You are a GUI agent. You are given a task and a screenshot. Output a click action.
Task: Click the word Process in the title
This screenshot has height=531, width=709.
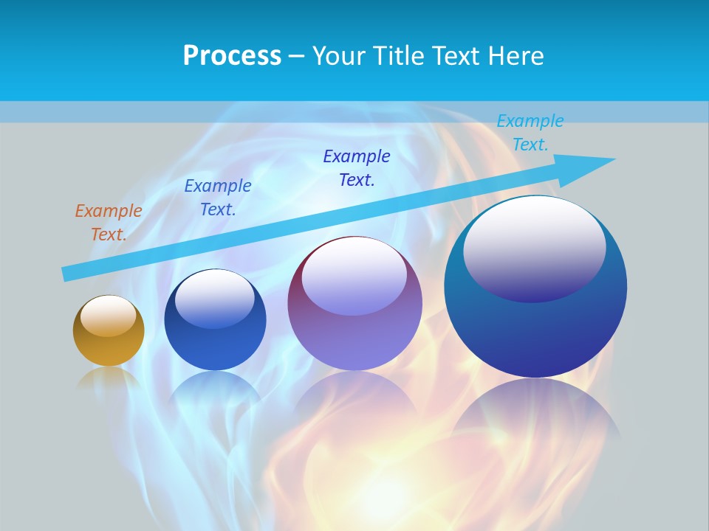(x=232, y=56)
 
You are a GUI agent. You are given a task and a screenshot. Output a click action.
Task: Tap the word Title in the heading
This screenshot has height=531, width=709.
(x=398, y=56)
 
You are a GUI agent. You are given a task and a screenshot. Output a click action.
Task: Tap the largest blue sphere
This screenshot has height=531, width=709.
(x=535, y=324)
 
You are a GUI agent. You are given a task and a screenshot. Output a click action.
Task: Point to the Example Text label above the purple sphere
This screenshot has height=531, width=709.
(x=357, y=168)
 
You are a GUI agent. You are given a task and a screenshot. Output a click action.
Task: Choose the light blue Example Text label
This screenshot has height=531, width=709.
(x=530, y=133)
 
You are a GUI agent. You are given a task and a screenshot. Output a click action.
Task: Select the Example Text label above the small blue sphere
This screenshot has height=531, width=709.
(x=218, y=197)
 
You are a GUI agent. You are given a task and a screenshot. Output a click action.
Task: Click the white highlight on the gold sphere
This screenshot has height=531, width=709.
(x=109, y=316)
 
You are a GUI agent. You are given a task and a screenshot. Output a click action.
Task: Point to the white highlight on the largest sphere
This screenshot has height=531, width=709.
(x=534, y=247)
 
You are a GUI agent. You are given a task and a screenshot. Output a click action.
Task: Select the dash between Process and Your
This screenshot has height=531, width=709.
(x=297, y=56)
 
